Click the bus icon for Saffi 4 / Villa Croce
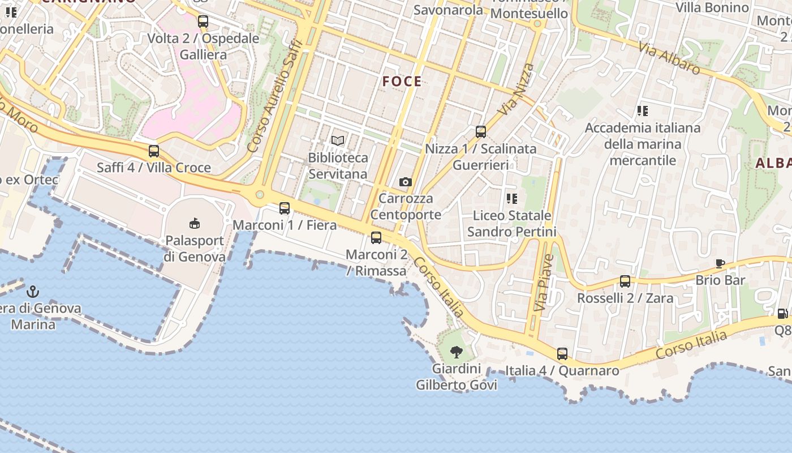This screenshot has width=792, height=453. [x=153, y=151]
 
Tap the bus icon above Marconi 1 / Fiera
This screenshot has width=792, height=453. [x=285, y=208]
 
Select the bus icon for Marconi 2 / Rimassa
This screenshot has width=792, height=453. [x=376, y=238]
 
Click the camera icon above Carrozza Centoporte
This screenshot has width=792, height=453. [x=405, y=182]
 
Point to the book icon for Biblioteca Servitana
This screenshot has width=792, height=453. [x=338, y=140]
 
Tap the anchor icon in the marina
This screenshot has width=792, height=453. [x=33, y=292]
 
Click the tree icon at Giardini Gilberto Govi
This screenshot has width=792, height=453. [x=457, y=352]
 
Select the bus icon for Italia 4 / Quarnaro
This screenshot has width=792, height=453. [x=562, y=354]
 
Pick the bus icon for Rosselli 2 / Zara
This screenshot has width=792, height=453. [x=625, y=281]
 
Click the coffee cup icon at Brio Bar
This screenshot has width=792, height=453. [x=720, y=263]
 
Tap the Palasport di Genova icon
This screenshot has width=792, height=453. [x=194, y=224]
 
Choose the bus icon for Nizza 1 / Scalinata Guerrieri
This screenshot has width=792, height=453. [x=481, y=132]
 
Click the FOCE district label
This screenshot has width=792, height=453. [x=402, y=82]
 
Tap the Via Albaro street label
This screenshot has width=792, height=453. [x=669, y=58]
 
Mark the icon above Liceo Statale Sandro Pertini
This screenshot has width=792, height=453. [x=512, y=198]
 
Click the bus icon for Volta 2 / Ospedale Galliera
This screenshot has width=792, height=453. [x=203, y=22]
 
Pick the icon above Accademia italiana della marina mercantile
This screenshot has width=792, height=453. [x=642, y=111]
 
